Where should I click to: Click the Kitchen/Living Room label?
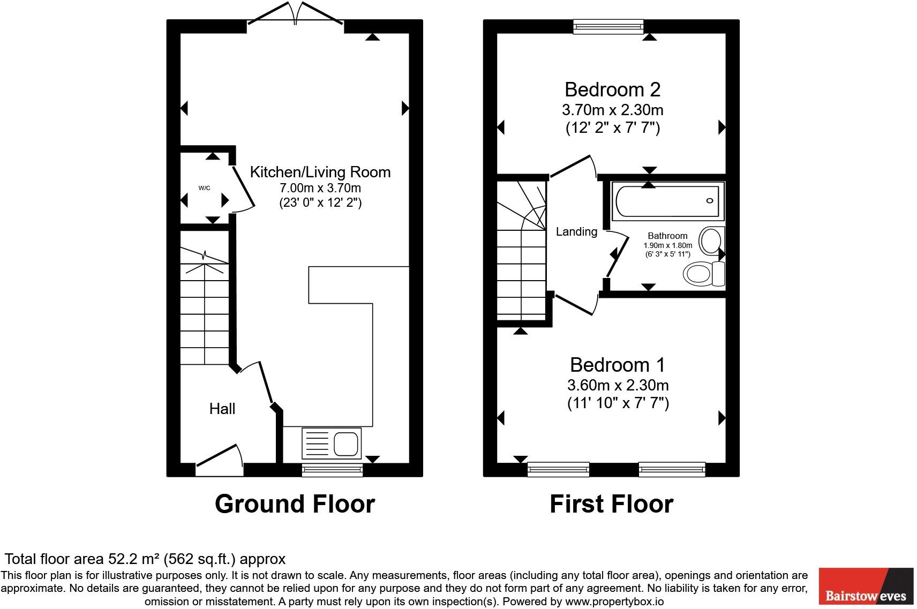[320, 172]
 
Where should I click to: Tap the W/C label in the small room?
[204, 188]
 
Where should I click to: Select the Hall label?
[222, 409]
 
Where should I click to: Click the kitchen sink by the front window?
[332, 443]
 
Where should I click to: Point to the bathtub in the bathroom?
[667, 201]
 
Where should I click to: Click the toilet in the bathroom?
[702, 274]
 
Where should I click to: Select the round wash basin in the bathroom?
[711, 241]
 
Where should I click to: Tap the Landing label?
[576, 232]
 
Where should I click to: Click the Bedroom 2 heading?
[612, 89]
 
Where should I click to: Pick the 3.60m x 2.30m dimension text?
[618, 385]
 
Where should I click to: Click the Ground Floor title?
[295, 504]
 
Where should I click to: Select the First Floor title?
[611, 504]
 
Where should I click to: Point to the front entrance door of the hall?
[220, 461]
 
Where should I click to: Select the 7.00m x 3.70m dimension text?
[320, 188]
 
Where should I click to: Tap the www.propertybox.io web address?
[614, 602]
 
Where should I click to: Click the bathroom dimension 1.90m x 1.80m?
[667, 245]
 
